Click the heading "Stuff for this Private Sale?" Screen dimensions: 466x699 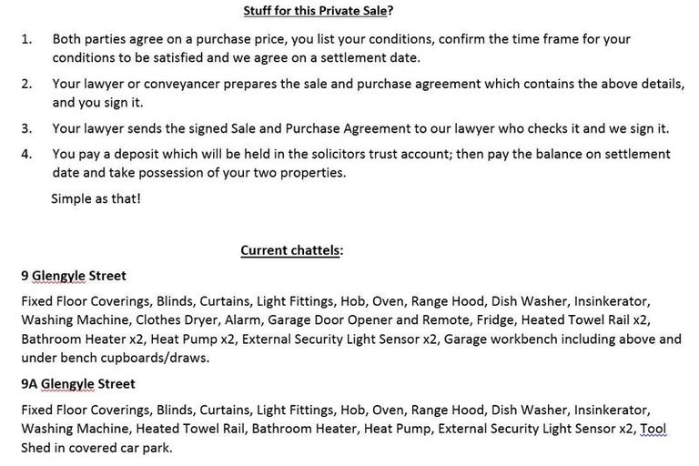[x=324, y=11]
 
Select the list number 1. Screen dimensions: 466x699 [x=25, y=39]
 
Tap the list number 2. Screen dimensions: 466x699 [x=25, y=84]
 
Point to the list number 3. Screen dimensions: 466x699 [x=25, y=128]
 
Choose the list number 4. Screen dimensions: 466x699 [x=25, y=154]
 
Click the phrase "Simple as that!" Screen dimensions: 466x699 [x=96, y=198]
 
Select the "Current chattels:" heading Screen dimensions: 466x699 [x=291, y=250]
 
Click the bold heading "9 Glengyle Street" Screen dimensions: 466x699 [x=74, y=276]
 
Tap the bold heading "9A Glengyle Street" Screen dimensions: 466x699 [x=78, y=383]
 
